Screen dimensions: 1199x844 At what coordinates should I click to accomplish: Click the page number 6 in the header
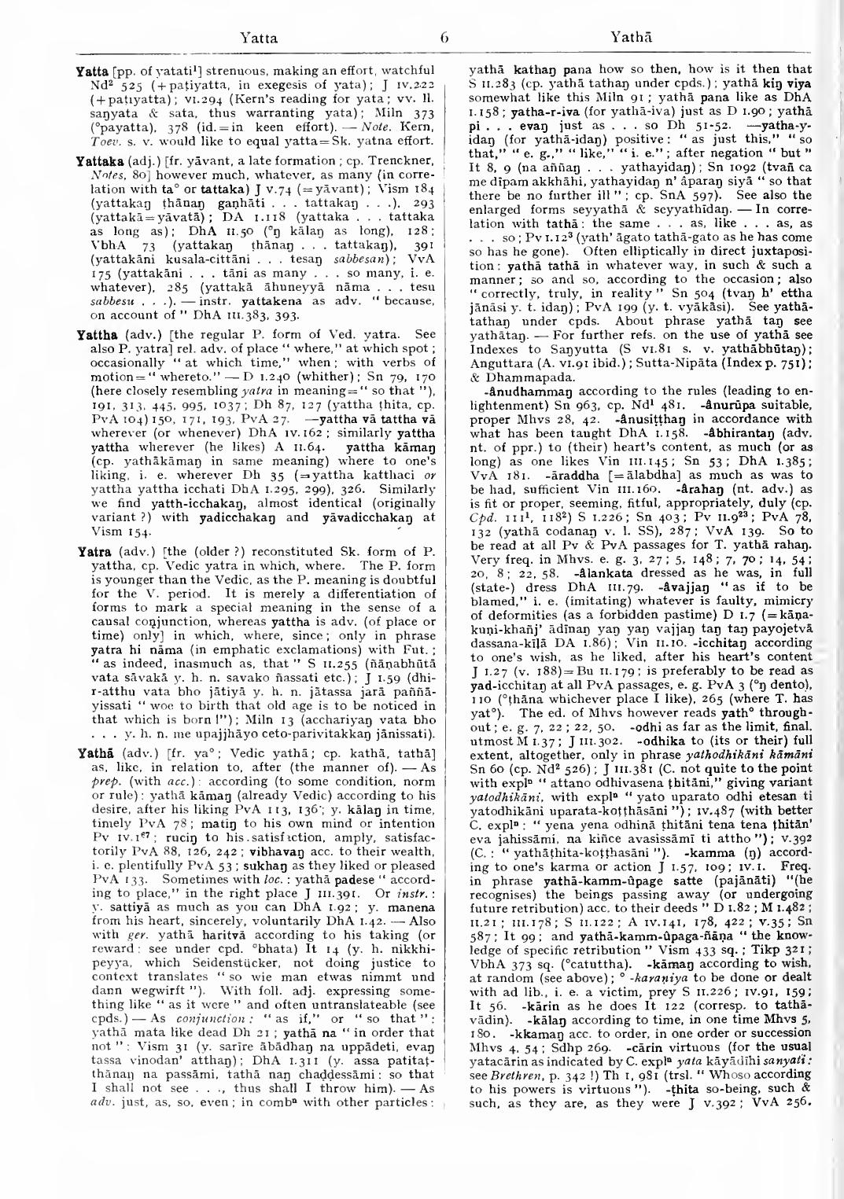point(421,35)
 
